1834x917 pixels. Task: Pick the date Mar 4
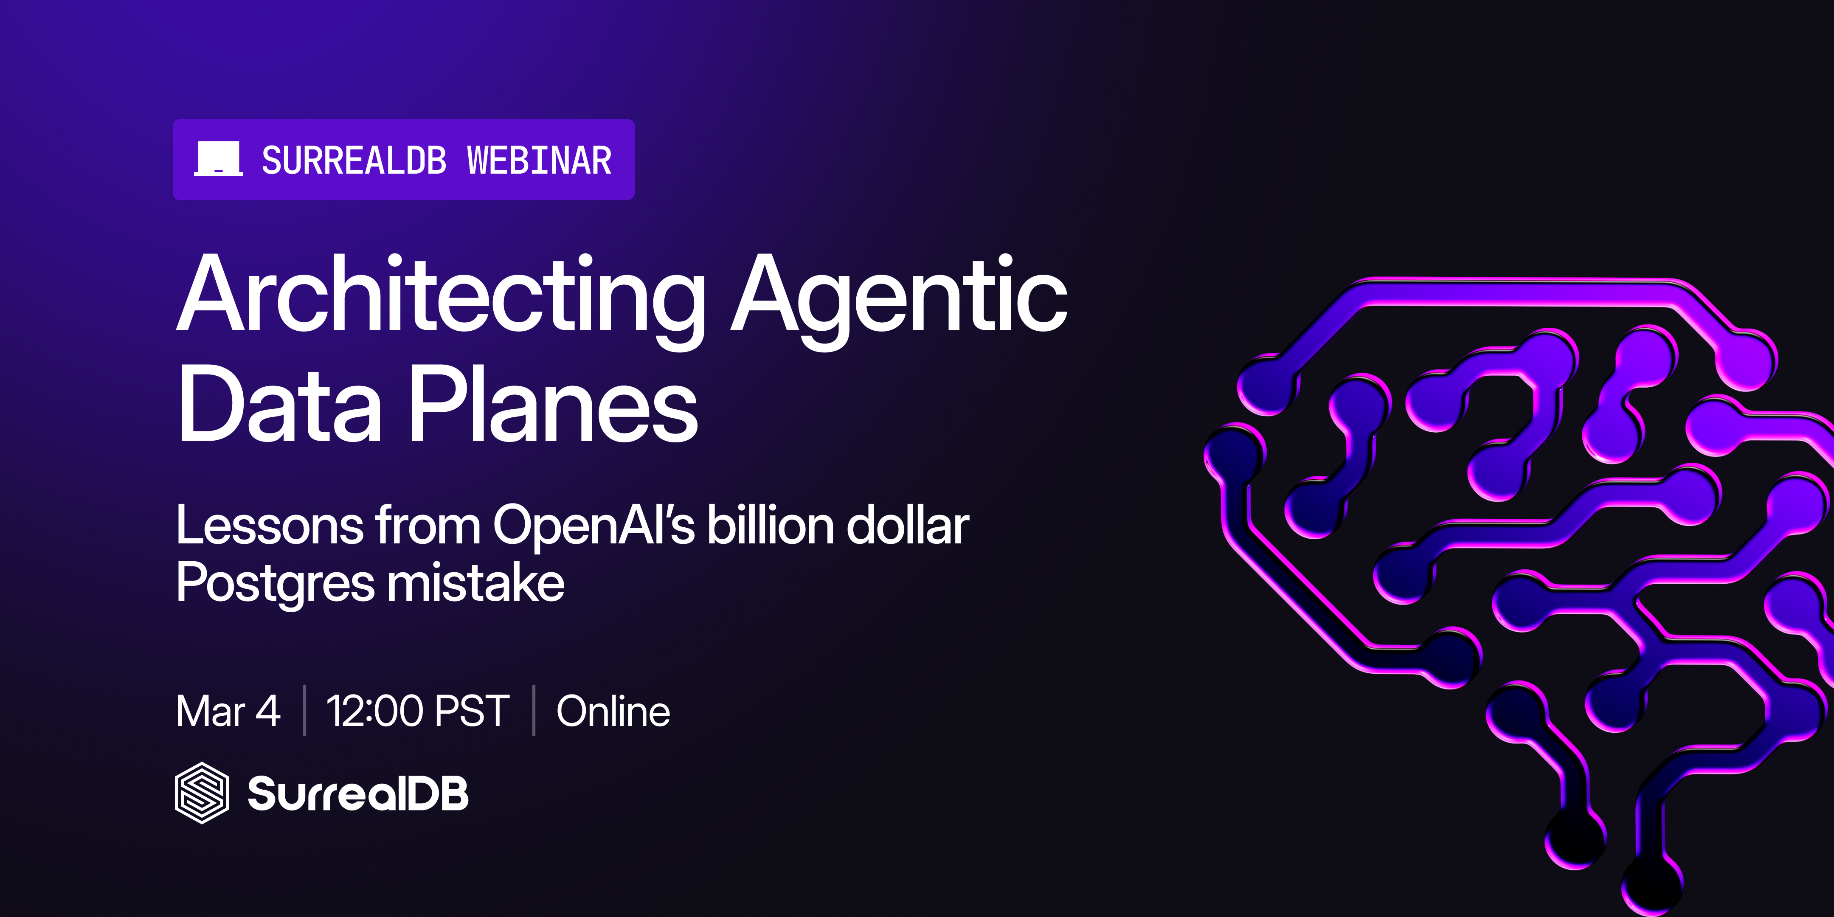click(x=228, y=711)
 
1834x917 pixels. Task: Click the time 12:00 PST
click(x=418, y=711)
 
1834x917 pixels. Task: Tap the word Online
click(x=613, y=711)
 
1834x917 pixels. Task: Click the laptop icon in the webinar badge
click(x=219, y=159)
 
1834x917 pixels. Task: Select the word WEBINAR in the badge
click(x=540, y=160)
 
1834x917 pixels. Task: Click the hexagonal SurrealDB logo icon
click(x=202, y=793)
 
